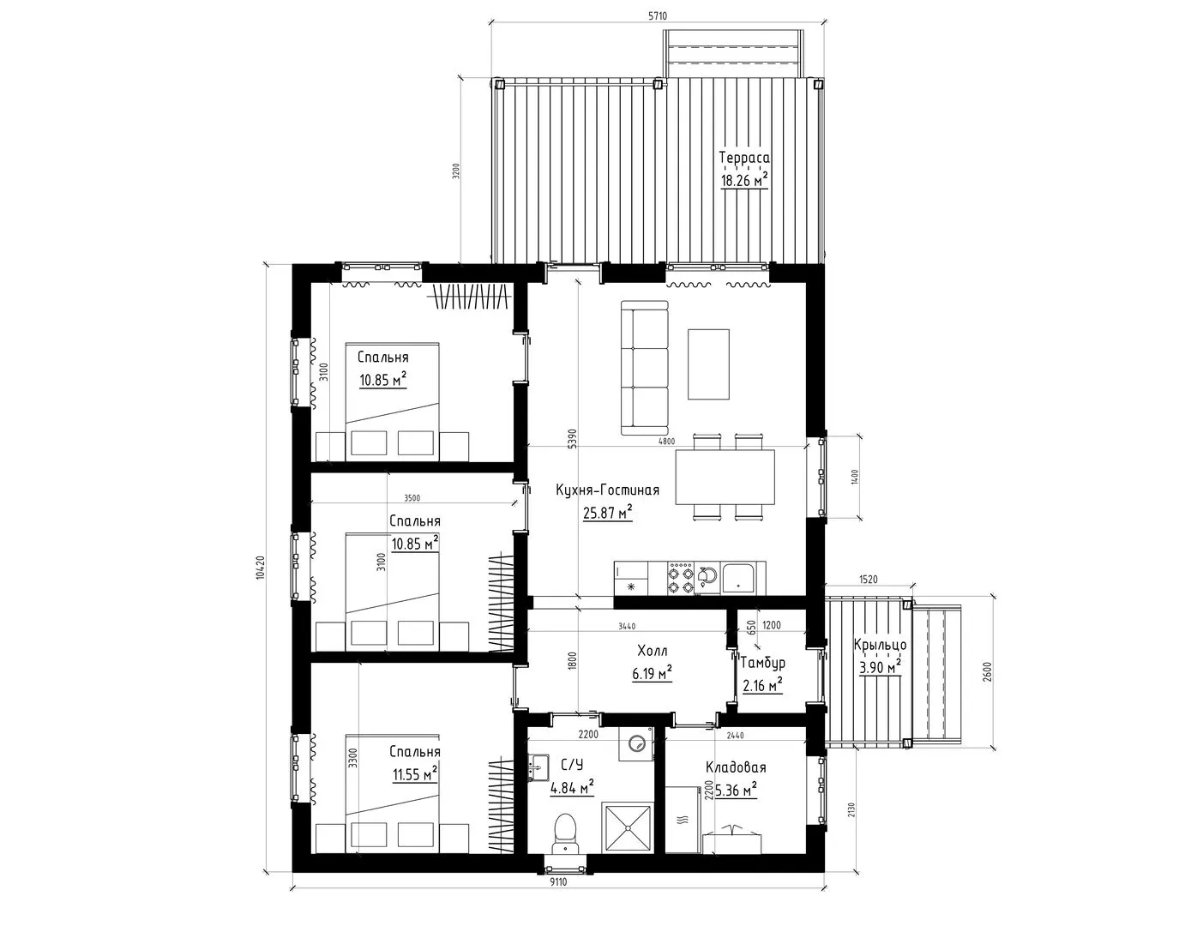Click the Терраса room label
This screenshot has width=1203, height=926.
click(x=744, y=158)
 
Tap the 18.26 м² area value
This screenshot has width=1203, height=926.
click(x=744, y=180)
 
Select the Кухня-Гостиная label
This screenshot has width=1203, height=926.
click(x=607, y=490)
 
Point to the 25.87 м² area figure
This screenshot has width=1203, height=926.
click(x=607, y=513)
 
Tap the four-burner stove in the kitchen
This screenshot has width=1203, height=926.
click(x=681, y=579)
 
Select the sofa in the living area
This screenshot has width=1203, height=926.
click(x=645, y=368)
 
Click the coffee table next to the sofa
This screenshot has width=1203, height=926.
click(x=708, y=364)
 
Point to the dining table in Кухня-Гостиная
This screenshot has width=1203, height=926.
click(x=725, y=477)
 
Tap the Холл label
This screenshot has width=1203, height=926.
click(x=653, y=651)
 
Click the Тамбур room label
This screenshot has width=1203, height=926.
click(x=763, y=663)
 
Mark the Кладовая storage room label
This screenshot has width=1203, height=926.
click(x=736, y=767)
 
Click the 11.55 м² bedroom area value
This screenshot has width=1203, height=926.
click(x=415, y=773)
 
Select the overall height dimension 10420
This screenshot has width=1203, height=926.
click(x=262, y=568)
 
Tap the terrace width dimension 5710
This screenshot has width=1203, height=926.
click(x=658, y=16)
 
